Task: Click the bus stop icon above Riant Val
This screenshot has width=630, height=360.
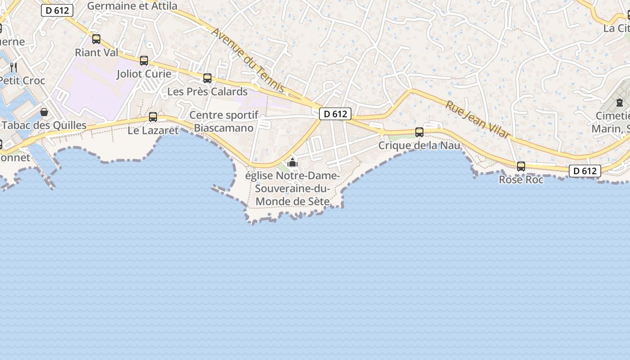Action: click(96, 39)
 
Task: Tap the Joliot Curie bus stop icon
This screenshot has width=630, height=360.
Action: click(144, 61)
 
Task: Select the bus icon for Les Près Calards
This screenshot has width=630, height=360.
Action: click(207, 78)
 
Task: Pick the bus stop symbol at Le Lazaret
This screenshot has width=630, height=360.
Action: click(153, 117)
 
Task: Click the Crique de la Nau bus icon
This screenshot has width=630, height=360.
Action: click(419, 132)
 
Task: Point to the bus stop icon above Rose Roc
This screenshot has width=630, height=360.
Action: click(521, 166)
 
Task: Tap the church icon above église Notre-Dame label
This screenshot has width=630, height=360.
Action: click(292, 162)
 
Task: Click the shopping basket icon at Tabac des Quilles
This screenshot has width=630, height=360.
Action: click(44, 112)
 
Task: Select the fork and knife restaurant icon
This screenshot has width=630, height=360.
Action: click(13, 67)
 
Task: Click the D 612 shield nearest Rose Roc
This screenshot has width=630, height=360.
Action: click(585, 171)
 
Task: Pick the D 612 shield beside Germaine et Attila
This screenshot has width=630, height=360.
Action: click(57, 10)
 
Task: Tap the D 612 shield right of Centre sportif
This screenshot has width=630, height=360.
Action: click(335, 114)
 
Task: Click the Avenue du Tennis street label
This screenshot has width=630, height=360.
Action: click(248, 61)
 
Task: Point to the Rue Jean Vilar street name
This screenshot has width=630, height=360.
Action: click(478, 119)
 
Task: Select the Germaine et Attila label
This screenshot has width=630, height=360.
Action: click(132, 6)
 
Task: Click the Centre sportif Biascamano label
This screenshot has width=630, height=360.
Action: click(224, 121)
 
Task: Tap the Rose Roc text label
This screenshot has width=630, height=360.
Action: click(521, 180)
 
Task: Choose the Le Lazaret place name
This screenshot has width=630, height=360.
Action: click(153, 130)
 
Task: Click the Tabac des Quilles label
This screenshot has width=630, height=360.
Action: click(44, 125)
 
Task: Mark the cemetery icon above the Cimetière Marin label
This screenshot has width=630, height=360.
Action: click(620, 103)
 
